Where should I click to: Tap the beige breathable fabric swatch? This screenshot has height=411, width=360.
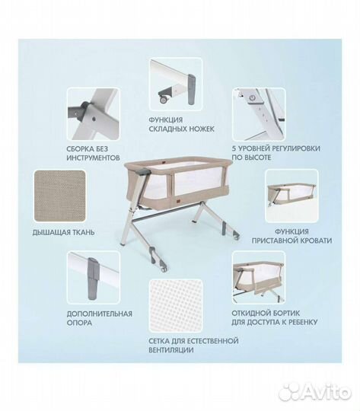(x=60, y=196)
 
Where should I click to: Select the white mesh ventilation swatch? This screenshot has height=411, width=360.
(x=176, y=306)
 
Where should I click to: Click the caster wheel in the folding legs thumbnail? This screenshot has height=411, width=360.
(x=164, y=99)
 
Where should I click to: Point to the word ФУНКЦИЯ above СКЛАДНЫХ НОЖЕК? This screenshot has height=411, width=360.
(x=166, y=120)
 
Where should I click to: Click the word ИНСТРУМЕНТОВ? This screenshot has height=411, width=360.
(x=93, y=158)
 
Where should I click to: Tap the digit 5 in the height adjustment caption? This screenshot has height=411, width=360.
(x=234, y=148)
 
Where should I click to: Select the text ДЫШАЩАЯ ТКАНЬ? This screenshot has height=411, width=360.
(x=63, y=232)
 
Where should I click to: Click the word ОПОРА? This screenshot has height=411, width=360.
(x=79, y=323)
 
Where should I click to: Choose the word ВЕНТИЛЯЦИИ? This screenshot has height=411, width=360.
(x=171, y=350)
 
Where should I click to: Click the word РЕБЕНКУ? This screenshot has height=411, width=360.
(x=302, y=322)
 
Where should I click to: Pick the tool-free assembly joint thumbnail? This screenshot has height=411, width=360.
(x=94, y=114)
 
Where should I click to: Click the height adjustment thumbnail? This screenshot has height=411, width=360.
(x=259, y=114)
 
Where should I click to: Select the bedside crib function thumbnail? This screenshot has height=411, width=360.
(x=292, y=196)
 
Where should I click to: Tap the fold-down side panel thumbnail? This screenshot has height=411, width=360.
(x=259, y=277)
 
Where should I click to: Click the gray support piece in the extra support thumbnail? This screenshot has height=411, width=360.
(x=92, y=278)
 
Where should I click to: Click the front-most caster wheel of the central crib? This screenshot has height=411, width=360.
(x=164, y=269)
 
